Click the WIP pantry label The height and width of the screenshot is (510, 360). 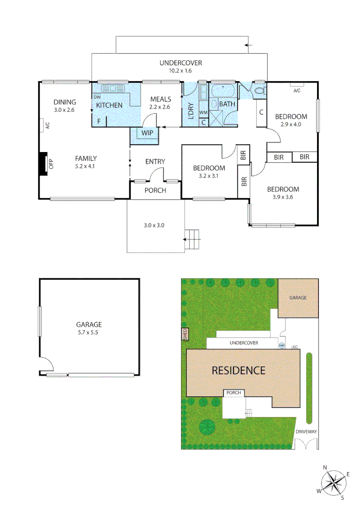pyautogui.click(x=148, y=133)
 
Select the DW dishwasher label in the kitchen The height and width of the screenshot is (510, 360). pyautogui.click(x=97, y=97)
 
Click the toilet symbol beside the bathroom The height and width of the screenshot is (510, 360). pyautogui.click(x=259, y=91)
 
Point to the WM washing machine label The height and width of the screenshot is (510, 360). pyautogui.click(x=203, y=112)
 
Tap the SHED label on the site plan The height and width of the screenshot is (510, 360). pyautogui.click(x=185, y=334)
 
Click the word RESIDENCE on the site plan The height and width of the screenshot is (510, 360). pyautogui.click(x=238, y=370)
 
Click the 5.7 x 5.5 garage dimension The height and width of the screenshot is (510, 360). pyautogui.click(x=89, y=332)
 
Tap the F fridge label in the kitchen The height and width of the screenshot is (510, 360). pyautogui.click(x=99, y=121)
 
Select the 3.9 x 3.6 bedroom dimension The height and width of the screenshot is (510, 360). pyautogui.click(x=283, y=197)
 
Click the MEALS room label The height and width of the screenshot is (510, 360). pyautogui.click(x=160, y=99)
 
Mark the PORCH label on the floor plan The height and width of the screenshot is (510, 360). pyautogui.click(x=155, y=190)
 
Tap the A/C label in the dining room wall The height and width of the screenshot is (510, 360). pyautogui.click(x=47, y=126)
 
